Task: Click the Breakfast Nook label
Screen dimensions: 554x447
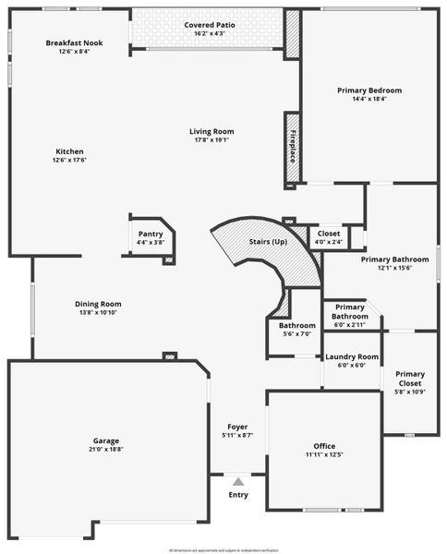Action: [x=74, y=43]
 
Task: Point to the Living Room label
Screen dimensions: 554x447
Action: [x=211, y=131]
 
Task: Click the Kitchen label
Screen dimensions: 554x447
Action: [x=70, y=151]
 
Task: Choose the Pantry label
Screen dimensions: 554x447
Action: [x=150, y=234]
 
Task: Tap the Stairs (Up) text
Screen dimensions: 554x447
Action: [x=268, y=242]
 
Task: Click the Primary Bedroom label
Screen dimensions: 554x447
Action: [x=369, y=90]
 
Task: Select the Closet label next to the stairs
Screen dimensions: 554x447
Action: [x=329, y=234]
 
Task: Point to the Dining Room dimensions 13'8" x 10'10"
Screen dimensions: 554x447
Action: [x=98, y=313]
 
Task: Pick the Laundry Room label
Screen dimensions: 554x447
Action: [x=351, y=356]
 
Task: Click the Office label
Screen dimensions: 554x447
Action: [x=324, y=446]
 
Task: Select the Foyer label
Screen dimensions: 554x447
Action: [x=237, y=427]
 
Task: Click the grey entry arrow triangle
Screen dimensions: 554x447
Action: [x=238, y=481]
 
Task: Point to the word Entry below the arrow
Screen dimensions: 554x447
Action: [x=238, y=495]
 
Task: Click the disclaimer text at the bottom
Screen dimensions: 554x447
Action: [x=223, y=549]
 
